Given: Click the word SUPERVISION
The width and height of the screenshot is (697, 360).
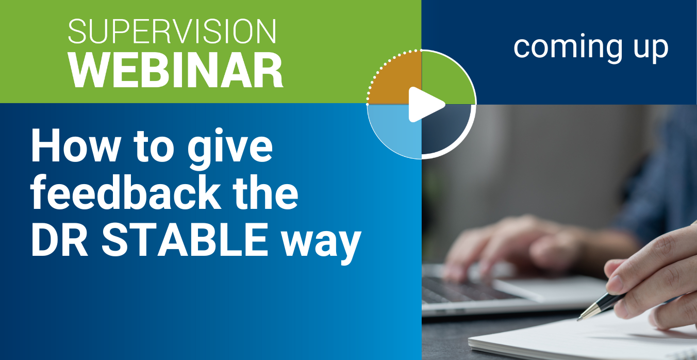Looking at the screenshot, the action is click(x=172, y=31).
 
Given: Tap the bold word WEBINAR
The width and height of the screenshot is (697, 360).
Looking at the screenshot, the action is click(x=176, y=70).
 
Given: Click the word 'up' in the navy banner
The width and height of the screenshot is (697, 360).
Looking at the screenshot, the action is click(x=651, y=50).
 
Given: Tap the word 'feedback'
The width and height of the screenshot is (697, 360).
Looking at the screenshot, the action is click(x=126, y=192).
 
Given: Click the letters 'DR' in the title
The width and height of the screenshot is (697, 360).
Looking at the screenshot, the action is click(x=59, y=240).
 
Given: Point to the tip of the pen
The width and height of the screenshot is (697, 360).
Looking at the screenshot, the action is click(x=578, y=319).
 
